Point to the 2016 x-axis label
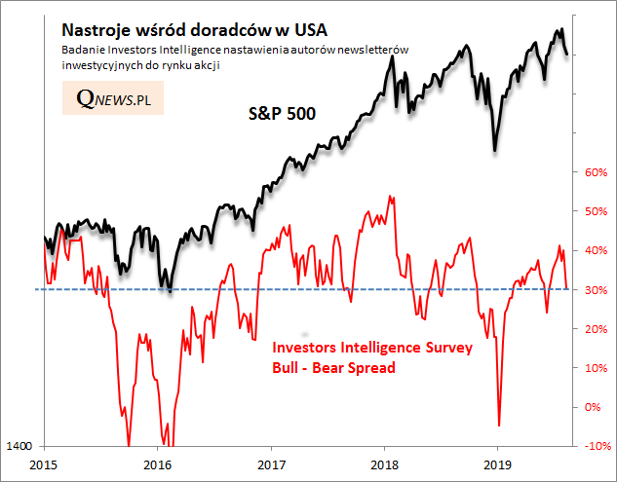tap(158, 464)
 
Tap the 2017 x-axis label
tap(271, 464)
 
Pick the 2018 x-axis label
tap(385, 464)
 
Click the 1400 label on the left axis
tap(20, 446)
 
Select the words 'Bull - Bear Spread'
tap(332, 368)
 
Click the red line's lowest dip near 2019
tap(499, 425)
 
